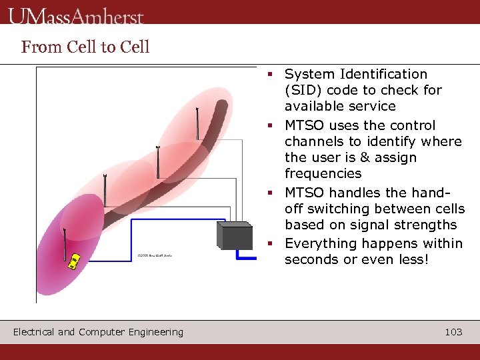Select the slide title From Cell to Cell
pyautogui.click(x=85, y=47)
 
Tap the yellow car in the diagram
pyautogui.click(x=75, y=260)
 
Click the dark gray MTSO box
pyautogui.click(x=235, y=235)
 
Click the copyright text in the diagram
pyautogui.click(x=154, y=255)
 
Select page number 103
pyautogui.click(x=453, y=332)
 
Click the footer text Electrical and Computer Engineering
pyautogui.click(x=98, y=332)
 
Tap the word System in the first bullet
pyautogui.click(x=309, y=74)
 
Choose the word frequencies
pyautogui.click(x=323, y=173)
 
